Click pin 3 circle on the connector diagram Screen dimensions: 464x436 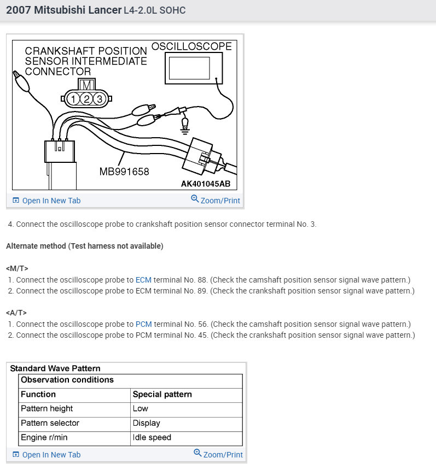(99, 99)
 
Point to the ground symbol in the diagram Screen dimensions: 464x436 (185, 127)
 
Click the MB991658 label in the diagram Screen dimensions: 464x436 (124, 172)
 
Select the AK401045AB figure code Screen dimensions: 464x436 (206, 184)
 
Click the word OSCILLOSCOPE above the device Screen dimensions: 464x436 (191, 46)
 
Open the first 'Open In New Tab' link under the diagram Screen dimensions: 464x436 (51, 201)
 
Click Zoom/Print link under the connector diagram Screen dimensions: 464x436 (219, 201)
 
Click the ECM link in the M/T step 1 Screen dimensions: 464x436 (143, 279)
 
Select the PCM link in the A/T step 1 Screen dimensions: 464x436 (144, 324)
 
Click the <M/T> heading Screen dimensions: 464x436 (17, 268)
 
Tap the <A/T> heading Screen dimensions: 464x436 (16, 313)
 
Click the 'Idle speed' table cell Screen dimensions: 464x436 (152, 437)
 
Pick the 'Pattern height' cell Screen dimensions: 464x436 (46, 408)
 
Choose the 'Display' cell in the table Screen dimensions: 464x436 (147, 423)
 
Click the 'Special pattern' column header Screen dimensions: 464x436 (162, 394)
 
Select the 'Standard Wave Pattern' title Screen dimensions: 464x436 (55, 368)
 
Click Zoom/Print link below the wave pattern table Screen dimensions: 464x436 (222, 454)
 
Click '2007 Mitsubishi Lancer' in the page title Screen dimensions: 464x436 (63, 10)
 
